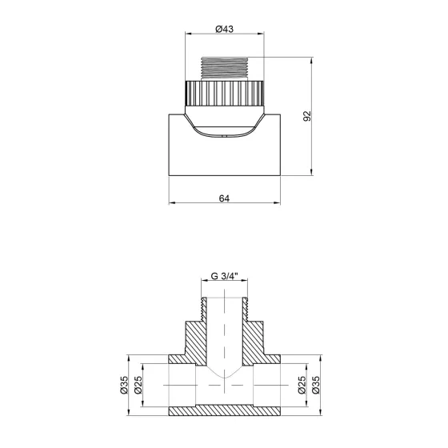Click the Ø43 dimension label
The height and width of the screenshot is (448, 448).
[x=225, y=29]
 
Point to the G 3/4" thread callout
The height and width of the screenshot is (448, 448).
[x=224, y=278]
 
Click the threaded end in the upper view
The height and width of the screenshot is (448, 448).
[x=225, y=68]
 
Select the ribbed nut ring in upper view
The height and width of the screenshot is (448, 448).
[x=225, y=95]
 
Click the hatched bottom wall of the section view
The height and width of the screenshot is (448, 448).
[x=225, y=409]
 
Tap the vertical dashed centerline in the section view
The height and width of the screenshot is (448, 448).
[x=225, y=336]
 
